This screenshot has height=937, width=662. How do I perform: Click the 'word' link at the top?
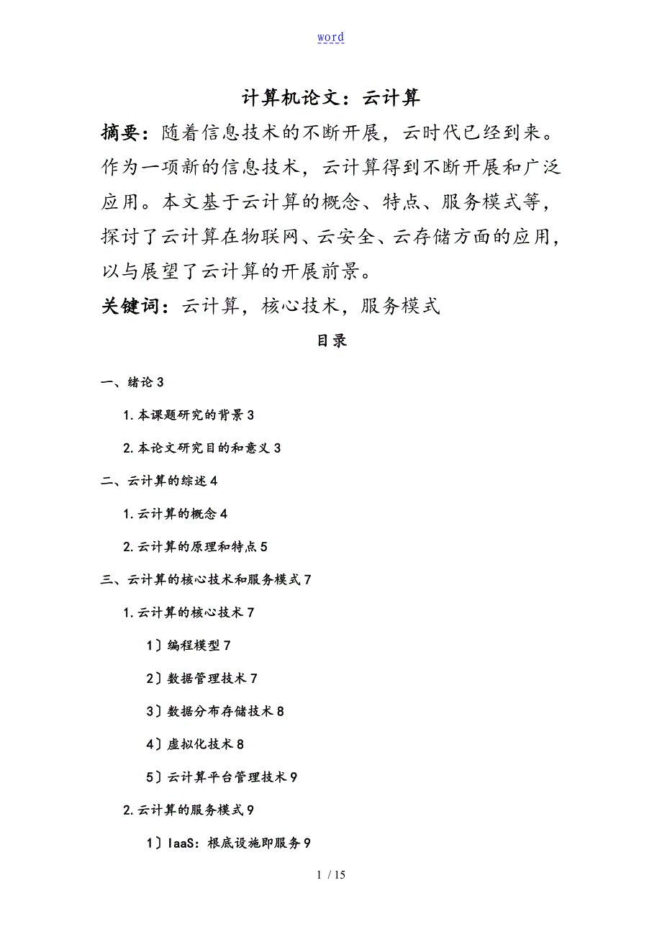coord(330,37)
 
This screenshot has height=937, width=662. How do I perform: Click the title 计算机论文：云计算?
coord(331,97)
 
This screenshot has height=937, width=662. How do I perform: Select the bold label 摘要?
coord(124,132)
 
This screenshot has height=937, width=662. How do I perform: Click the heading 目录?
coord(332,341)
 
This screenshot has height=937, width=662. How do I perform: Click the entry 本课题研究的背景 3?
coord(189,415)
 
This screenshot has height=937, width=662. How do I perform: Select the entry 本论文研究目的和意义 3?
coord(201,448)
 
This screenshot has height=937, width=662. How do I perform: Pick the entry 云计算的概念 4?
coord(176,514)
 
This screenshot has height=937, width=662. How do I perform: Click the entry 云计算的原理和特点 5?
coord(195,547)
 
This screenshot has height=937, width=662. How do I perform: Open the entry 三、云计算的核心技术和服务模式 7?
coord(206,579)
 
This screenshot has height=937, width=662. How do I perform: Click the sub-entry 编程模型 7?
coord(189,646)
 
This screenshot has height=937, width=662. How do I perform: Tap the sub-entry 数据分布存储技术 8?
coord(215,711)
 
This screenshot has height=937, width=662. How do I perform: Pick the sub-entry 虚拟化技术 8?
coord(195,744)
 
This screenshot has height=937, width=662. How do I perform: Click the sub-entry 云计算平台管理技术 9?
coord(222,777)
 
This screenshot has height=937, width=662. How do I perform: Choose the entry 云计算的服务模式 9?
coord(189,810)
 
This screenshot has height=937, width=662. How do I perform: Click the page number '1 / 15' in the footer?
coord(331,875)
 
